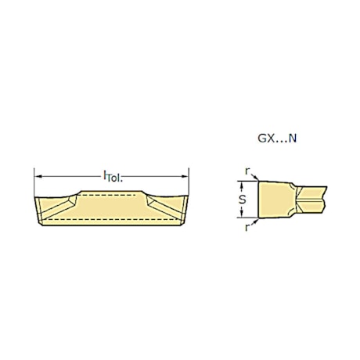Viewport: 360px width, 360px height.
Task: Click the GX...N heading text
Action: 277,139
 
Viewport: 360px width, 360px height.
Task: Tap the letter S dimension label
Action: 243,200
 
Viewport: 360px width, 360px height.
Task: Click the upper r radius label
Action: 247,171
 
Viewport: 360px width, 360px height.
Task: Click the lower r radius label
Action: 247,229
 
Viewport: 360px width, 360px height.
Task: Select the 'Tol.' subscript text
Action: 115,178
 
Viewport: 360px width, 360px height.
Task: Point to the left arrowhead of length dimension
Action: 38,175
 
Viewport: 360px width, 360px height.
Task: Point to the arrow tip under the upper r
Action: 256,181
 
